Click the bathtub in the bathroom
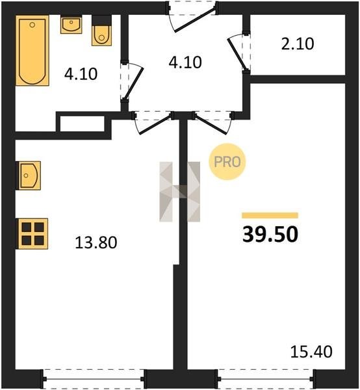point(32,51)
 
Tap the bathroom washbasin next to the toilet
point(71,24)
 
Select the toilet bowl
point(101,31)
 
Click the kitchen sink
point(28,175)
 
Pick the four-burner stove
point(32,234)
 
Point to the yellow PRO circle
point(227,162)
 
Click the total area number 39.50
point(270,235)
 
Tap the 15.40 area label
point(311,352)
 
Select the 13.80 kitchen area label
point(96,242)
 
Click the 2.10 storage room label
point(298,44)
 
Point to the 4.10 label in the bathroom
point(81,74)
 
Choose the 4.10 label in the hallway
point(185,62)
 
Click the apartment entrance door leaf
point(195,20)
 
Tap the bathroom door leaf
point(133,83)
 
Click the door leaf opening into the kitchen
point(156,124)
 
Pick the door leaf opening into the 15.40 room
point(211,124)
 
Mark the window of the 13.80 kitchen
point(94,379)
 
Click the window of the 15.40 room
point(266,379)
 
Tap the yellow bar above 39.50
point(270,215)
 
